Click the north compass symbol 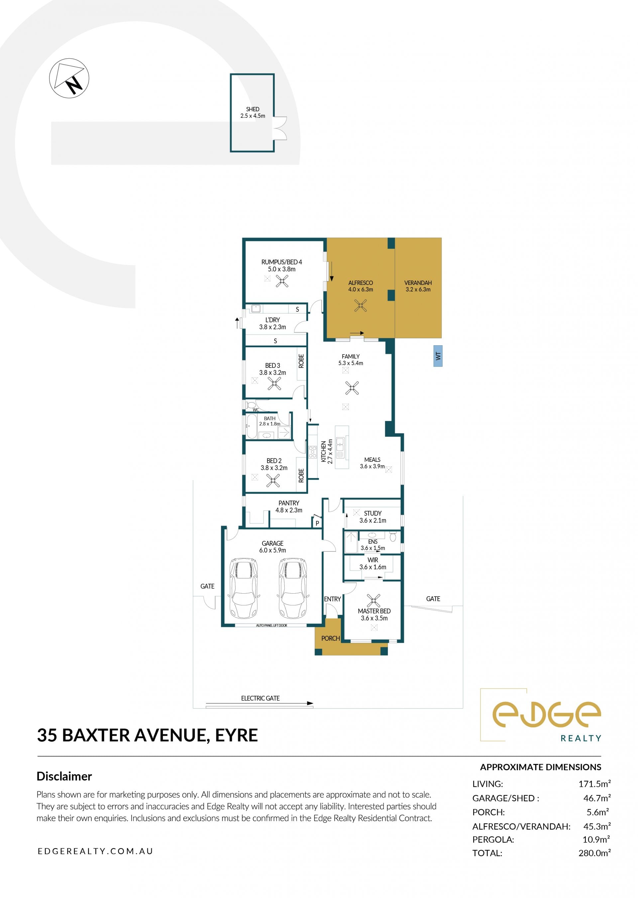click(69, 78)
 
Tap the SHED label click(253, 109)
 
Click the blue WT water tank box click(438, 356)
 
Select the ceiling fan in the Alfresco click(361, 305)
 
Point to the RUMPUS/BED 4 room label click(282, 262)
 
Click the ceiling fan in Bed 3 click(274, 383)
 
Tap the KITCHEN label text click(324, 452)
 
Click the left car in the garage click(244, 588)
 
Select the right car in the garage click(293, 588)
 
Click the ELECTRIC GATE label click(261, 698)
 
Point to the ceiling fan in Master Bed click(373, 601)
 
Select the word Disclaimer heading click(64, 776)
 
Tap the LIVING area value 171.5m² click(594, 784)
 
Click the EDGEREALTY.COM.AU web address click(95, 851)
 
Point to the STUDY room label click(372, 513)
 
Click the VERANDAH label click(418, 283)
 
